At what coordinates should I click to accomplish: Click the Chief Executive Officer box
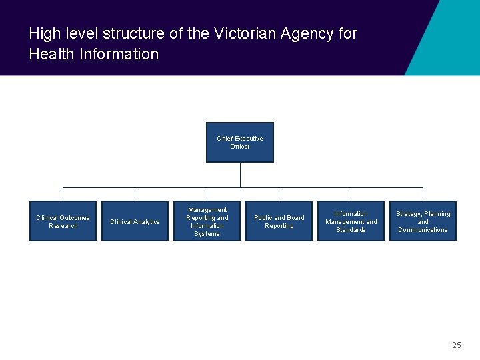click(240, 142)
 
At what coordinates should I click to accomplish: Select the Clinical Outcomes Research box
click(63, 221)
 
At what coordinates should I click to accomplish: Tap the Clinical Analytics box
click(135, 221)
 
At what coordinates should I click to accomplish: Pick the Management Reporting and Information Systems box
click(207, 221)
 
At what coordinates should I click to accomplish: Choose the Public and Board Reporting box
click(279, 221)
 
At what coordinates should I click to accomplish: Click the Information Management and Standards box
click(351, 221)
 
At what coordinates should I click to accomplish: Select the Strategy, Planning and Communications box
click(423, 221)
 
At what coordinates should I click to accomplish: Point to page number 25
click(456, 345)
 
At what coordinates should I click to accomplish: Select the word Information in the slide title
click(119, 54)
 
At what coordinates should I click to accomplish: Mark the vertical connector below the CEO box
click(240, 175)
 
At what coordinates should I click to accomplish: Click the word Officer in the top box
click(240, 147)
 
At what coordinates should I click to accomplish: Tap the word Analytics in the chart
click(147, 222)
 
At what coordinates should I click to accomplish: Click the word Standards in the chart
click(351, 230)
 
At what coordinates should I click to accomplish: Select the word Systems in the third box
click(207, 234)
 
